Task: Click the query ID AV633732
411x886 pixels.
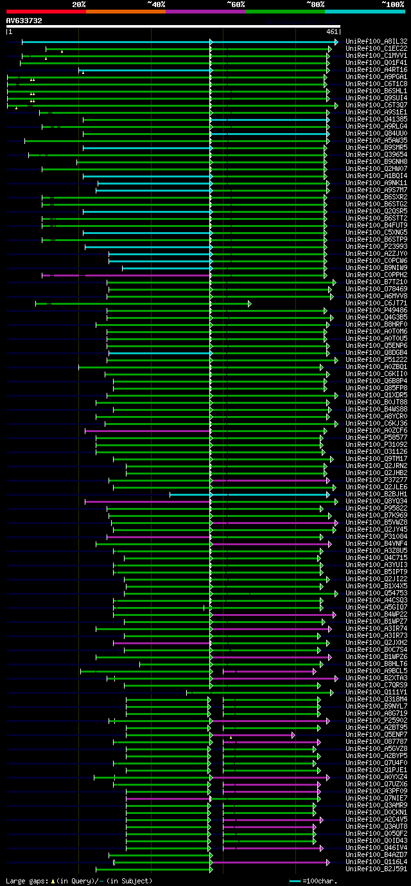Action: [x=24, y=21]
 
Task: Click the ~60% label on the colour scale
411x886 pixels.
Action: [x=236, y=5]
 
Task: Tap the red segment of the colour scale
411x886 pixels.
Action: [x=46, y=11]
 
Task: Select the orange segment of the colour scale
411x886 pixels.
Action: [x=125, y=11]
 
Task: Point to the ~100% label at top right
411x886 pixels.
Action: [x=392, y=5]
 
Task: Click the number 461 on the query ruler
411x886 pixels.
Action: [x=332, y=32]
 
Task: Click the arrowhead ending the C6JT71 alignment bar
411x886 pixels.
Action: [x=249, y=303]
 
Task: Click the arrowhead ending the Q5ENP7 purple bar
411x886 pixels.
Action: [x=293, y=735]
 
